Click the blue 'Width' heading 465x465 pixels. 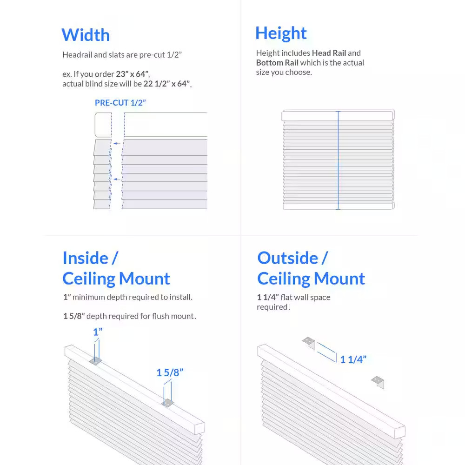[x=86, y=35]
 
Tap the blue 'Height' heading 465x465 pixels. [x=281, y=33]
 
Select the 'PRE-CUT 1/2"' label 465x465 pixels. [x=120, y=103]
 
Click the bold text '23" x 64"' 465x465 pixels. [x=133, y=74]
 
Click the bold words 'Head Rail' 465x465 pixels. [x=329, y=53]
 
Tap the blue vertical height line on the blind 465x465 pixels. [x=338, y=160]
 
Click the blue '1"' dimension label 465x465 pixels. [x=98, y=332]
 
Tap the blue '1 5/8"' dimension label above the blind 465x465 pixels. [x=170, y=372]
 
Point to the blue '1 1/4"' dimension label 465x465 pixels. [x=353, y=359]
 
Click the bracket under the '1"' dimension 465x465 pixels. [x=96, y=361]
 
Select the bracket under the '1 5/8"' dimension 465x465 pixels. [x=167, y=403]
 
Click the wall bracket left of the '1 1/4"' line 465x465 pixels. [x=309, y=343]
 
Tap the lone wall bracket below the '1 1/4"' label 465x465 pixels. [x=378, y=382]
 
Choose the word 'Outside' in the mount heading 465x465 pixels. [x=287, y=258]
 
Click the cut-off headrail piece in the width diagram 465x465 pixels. [x=103, y=125]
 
